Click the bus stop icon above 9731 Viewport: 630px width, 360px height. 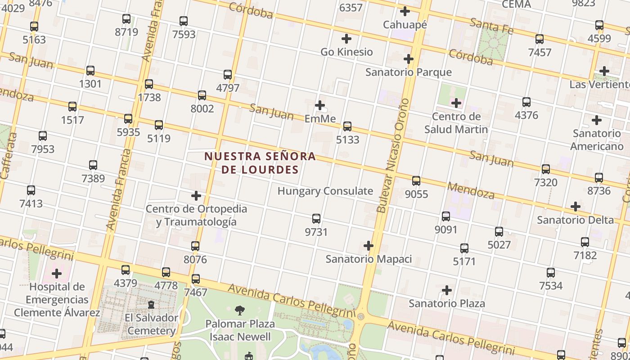tap(316, 219)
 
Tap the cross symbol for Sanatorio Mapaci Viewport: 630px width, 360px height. tap(369, 246)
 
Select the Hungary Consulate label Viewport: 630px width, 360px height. tap(325, 191)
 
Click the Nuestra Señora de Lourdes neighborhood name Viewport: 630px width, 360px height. tap(260, 163)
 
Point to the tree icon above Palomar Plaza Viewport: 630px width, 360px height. tap(240, 310)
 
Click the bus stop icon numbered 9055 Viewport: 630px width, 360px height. tap(416, 181)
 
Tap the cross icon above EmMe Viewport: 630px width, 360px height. tap(320, 105)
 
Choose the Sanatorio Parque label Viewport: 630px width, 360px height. tap(408, 72)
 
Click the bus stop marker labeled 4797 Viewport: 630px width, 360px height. tap(228, 74)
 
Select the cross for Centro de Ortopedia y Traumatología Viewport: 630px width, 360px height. tap(196, 196)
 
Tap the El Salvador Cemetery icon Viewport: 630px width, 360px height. tap(151, 305)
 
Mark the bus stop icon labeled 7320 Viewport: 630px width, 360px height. tap(545, 169)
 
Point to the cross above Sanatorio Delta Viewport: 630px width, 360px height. tap(575, 207)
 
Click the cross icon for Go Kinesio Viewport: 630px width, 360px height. tap(346, 39)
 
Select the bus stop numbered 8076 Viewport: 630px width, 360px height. tap(195, 246)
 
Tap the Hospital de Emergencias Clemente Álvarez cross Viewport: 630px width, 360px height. tap(57, 274)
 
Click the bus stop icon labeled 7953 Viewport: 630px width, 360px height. tap(43, 135)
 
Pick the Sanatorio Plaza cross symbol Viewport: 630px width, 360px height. tap(446, 290)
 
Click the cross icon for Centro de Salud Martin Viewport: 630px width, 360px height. tap(456, 103)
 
